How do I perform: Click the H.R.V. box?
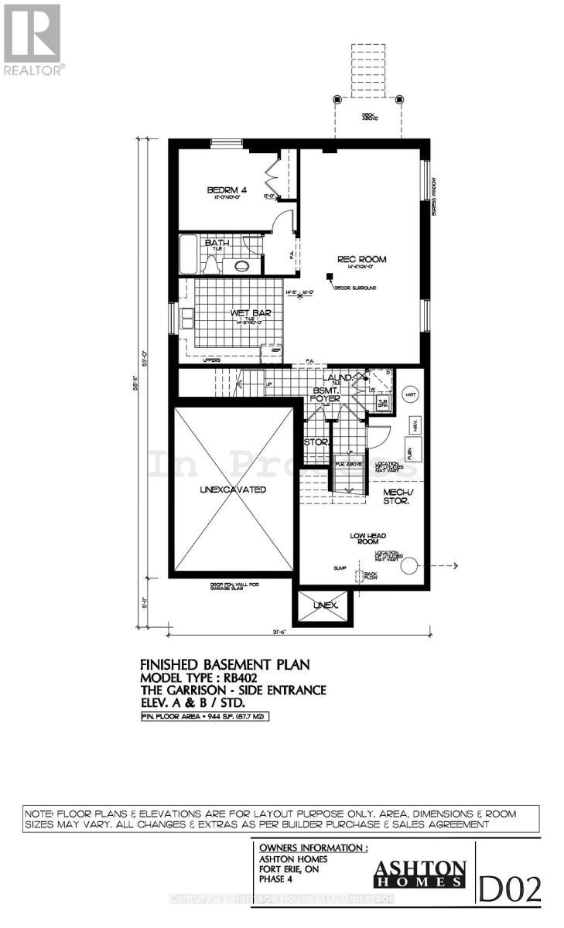414,425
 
